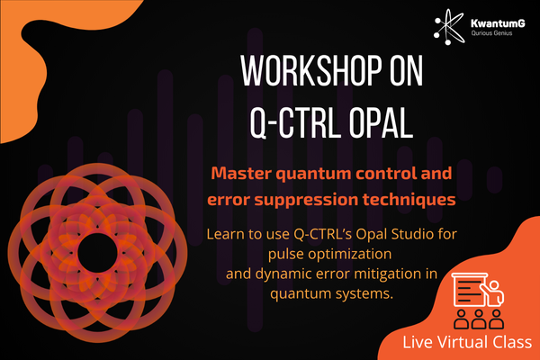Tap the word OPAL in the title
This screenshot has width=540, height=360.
point(381,122)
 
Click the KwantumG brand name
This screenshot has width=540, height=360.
point(498,23)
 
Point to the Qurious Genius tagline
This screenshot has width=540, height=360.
point(491,33)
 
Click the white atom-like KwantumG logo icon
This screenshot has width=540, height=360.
point(449,27)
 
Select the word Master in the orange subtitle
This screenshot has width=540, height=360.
point(241,174)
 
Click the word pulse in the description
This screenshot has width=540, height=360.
point(285,255)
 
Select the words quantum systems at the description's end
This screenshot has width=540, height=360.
point(331,294)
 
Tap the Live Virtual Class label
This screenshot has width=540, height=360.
point(466,342)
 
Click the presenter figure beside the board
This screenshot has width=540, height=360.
point(494,293)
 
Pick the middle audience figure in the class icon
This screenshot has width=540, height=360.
point(479,319)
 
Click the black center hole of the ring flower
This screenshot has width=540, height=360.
point(97,252)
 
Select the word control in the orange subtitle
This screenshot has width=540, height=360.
point(382,174)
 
